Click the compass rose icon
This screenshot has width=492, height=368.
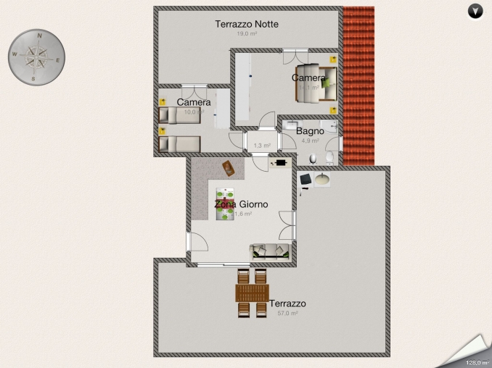37,56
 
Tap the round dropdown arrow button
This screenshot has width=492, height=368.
475,10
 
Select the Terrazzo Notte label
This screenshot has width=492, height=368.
247,24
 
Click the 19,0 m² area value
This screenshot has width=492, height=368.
247,34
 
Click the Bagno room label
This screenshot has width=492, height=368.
310,131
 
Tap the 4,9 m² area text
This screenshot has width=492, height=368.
310,141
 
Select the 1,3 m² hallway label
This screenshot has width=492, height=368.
261,146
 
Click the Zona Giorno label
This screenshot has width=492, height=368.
241,204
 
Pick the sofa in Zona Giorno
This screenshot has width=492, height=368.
270,251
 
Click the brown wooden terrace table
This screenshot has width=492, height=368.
252,293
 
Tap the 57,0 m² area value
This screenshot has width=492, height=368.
287,314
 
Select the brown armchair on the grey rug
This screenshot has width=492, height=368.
229,168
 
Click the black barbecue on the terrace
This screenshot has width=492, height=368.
305,180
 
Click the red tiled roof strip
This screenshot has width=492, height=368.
358,87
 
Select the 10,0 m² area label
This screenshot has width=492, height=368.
192,112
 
